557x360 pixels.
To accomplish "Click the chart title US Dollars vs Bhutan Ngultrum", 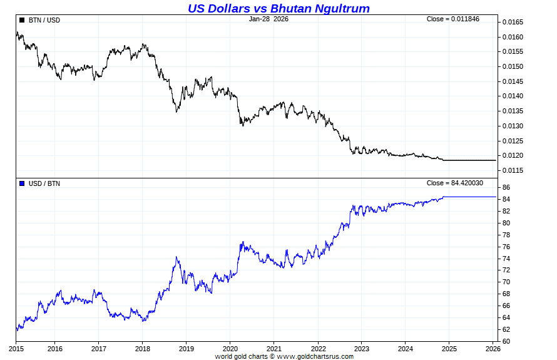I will click(278, 8).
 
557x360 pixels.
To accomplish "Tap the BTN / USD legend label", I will click(44, 20).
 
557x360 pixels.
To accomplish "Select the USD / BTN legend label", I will click(44, 183).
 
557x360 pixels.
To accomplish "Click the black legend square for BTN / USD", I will click(22, 20).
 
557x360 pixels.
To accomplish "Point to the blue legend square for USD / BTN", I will click(22, 183).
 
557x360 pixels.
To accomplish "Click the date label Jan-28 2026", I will click(268, 19).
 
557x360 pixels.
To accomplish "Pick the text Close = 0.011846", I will click(452, 19).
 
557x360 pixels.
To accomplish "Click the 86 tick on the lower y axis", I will click(506, 188).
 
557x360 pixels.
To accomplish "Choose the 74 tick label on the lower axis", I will click(506, 259).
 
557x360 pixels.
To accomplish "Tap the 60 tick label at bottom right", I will click(506, 342).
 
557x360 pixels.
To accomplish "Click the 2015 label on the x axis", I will click(16, 348).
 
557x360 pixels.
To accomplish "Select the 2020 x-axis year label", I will click(230, 348).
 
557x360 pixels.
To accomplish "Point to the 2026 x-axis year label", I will click(493, 348).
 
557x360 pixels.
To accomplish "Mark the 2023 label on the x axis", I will click(362, 348).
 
